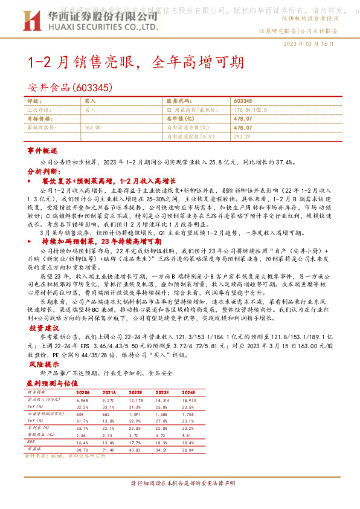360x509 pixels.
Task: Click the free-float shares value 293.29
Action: [x=242, y=137]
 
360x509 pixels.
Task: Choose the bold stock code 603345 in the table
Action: [x=242, y=101]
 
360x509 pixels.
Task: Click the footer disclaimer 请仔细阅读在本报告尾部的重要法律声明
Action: [x=182, y=484]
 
